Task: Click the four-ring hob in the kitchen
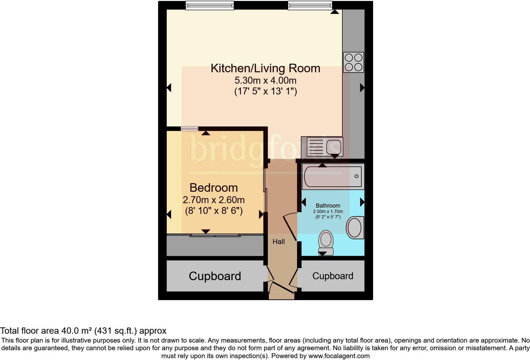coord(353,62)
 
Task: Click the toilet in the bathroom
coord(326,242)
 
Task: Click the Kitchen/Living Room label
coord(265,68)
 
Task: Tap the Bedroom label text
coord(214,188)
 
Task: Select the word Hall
coord(279,242)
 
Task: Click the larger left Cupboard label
coord(215,276)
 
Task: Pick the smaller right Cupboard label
coord(333,276)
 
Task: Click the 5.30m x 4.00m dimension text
coord(265,80)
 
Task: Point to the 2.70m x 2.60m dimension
coord(214,200)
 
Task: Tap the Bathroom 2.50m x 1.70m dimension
coord(328,211)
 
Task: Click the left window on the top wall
coord(210,5)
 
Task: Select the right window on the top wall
coord(310,5)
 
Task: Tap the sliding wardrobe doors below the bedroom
coord(215,235)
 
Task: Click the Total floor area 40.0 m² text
coord(83,331)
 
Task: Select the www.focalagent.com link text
coord(339,356)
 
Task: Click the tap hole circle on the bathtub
coord(356,176)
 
